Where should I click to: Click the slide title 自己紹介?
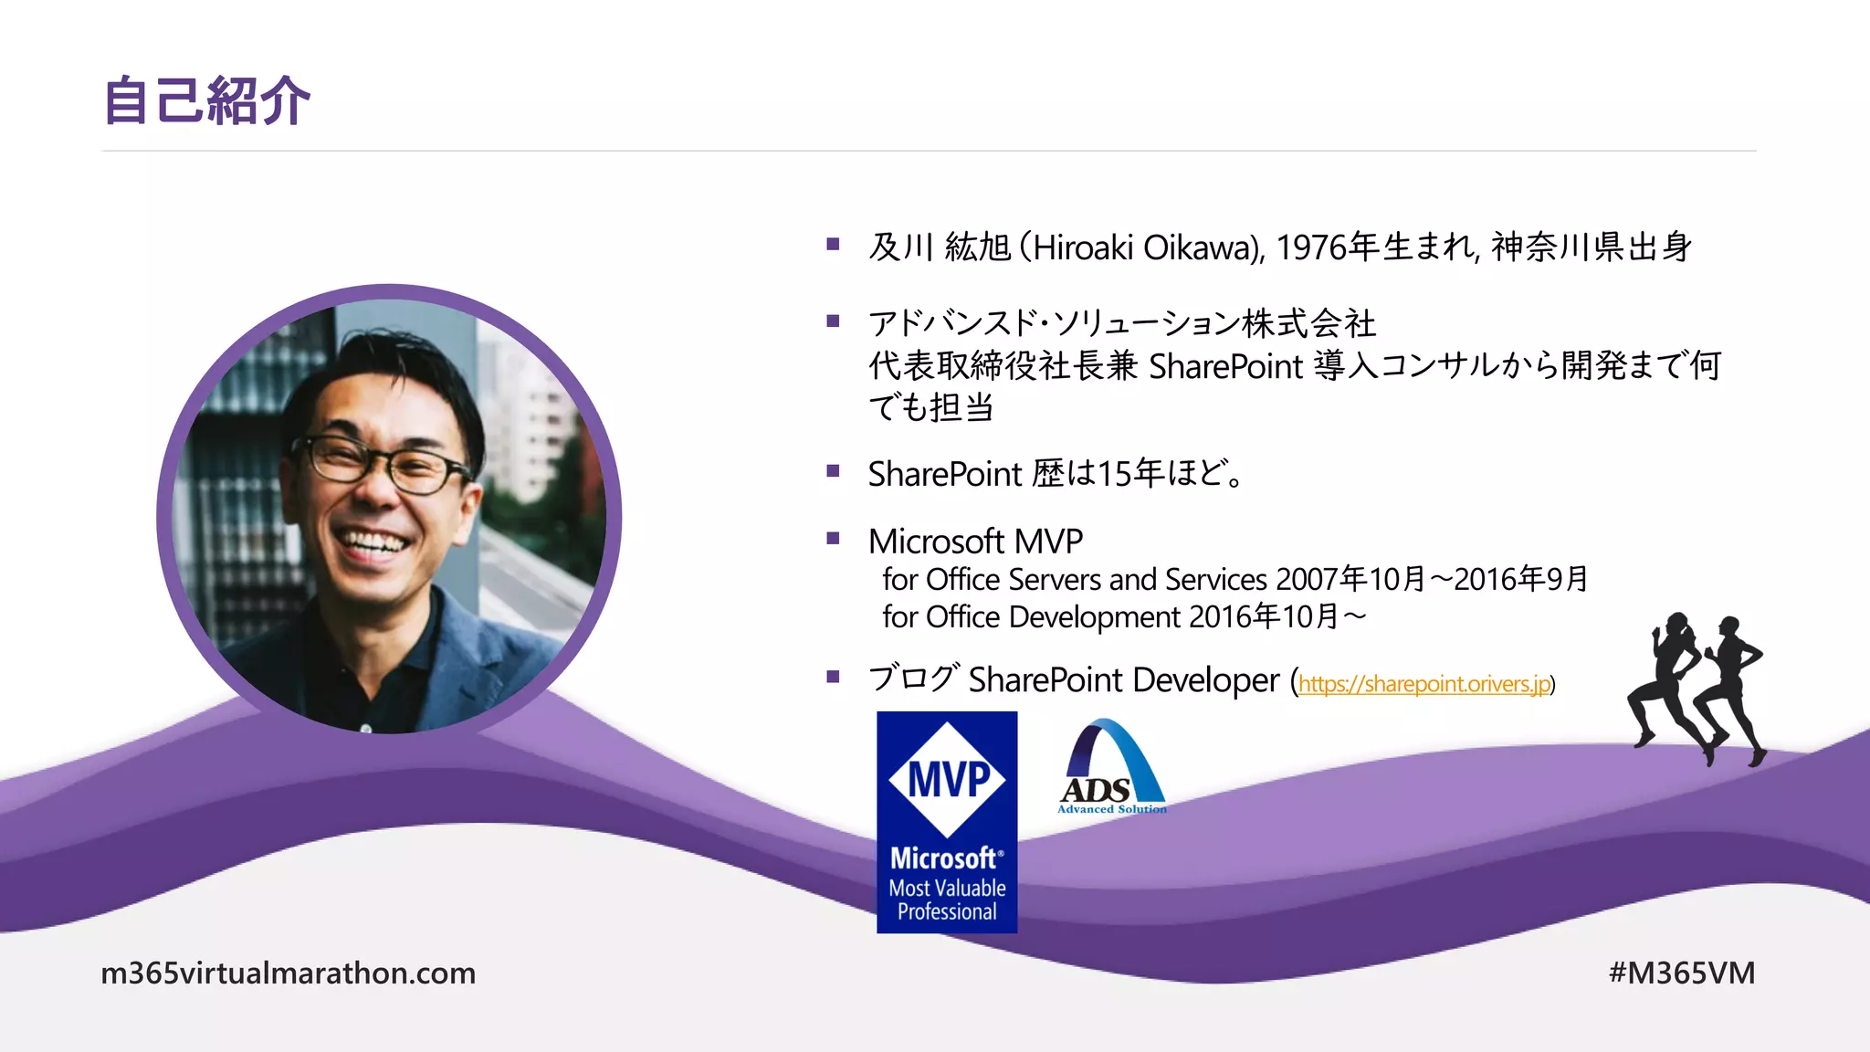click(x=207, y=100)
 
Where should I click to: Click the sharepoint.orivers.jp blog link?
click(x=1424, y=684)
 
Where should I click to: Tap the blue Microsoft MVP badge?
click(x=947, y=822)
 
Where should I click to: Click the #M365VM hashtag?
click(x=1681, y=973)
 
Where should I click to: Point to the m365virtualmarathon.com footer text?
click(x=289, y=973)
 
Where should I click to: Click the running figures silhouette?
click(x=1697, y=689)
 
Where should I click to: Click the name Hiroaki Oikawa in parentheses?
click(x=1142, y=247)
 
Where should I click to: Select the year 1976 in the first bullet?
click(x=1310, y=247)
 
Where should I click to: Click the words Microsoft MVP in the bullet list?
click(x=975, y=542)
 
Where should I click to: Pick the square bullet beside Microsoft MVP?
click(x=833, y=539)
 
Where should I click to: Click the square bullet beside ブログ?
click(x=833, y=677)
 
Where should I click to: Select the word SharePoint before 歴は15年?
click(x=944, y=475)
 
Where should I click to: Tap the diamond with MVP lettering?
click(x=947, y=780)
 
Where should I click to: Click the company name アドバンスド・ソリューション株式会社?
click(x=1122, y=323)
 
